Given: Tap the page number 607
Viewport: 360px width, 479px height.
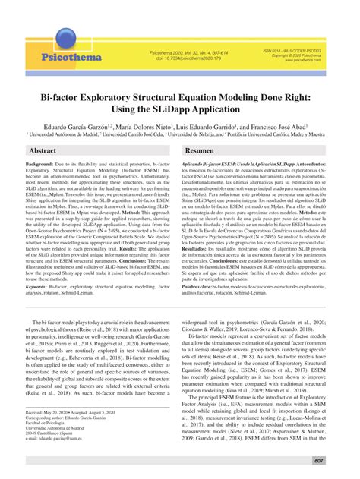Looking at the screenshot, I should [x=340, y=460].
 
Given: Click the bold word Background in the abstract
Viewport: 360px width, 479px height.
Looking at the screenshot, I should [x=40, y=186].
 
